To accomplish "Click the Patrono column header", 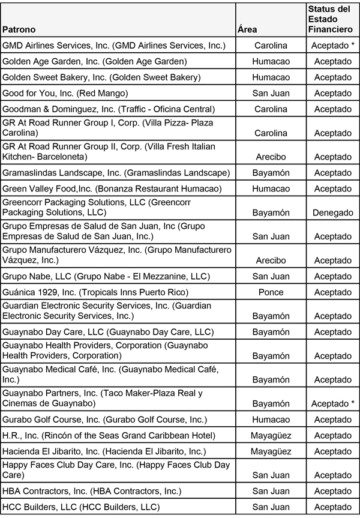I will click(x=19, y=29).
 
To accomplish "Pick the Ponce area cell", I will click(x=271, y=292).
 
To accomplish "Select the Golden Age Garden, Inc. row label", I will click(x=95, y=61).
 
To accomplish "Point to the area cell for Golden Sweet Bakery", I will click(x=271, y=77).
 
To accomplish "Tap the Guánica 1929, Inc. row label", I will click(x=96, y=292).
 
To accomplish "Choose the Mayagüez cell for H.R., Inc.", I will click(x=271, y=435).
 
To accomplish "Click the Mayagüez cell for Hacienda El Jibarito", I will click(x=271, y=451).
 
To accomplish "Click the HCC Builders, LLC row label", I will click(x=81, y=507).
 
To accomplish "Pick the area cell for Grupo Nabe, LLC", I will click(x=271, y=276).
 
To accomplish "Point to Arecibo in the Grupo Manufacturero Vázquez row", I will click(x=271, y=261).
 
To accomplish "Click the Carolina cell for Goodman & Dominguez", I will click(x=271, y=109).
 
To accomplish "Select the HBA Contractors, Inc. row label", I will click(x=91, y=491).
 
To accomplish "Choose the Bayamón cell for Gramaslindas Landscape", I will click(x=271, y=173).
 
